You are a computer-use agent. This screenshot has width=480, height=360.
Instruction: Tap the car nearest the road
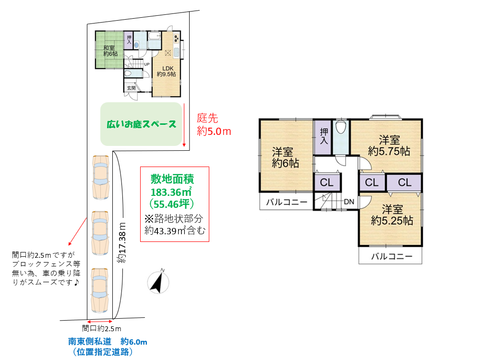pyautogui.click(x=100, y=290)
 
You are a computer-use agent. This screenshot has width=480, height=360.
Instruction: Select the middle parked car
pyautogui.click(x=100, y=233)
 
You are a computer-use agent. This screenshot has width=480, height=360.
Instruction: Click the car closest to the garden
pyautogui.click(x=101, y=178)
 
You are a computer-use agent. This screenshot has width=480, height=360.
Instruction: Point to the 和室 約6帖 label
pyautogui.click(x=110, y=51)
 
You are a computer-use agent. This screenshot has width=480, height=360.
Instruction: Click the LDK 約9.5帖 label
pyautogui.click(x=167, y=72)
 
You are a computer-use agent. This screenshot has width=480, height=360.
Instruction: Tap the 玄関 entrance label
pyautogui.click(x=132, y=88)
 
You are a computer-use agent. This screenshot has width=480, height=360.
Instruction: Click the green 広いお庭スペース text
pyautogui.click(x=142, y=124)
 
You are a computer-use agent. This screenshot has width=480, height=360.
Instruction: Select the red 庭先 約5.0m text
pyautogui.click(x=214, y=125)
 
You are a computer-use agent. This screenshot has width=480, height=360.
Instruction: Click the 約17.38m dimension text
pyautogui.click(x=122, y=243)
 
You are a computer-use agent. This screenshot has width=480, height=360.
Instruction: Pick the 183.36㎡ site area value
pyautogui.click(x=171, y=192)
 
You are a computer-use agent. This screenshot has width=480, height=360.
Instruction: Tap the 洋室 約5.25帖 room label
pyautogui.click(x=392, y=215)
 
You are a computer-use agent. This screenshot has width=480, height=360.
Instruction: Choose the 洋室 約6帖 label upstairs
pyautogui.click(x=285, y=157)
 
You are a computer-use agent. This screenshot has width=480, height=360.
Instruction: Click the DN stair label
pyautogui.click(x=349, y=202)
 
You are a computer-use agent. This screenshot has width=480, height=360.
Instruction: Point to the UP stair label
pyautogui.click(x=146, y=64)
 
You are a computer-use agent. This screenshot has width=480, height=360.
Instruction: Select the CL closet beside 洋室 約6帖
pyautogui.click(x=326, y=183)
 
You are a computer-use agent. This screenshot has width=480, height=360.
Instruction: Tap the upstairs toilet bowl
pyautogui.click(x=341, y=127)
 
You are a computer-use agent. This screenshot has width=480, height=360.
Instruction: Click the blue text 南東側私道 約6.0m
pyautogui.click(x=108, y=341)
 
